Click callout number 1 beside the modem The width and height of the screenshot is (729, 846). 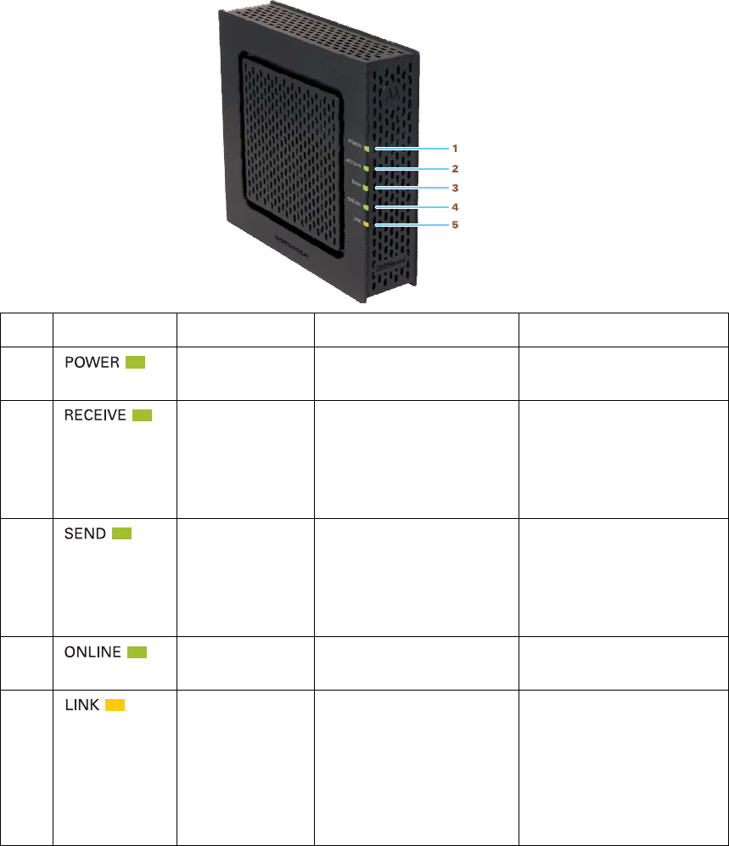coord(454,148)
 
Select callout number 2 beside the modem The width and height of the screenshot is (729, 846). coord(454,168)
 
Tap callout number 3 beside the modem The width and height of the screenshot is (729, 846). coord(454,187)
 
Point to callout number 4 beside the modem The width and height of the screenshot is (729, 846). coord(454,206)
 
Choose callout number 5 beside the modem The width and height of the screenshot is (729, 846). coord(454,225)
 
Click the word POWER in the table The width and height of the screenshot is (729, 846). coord(93,363)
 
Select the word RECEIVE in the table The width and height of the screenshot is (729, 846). coord(96,415)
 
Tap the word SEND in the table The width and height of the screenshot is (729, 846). coord(86,533)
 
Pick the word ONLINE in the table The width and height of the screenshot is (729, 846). coord(93,652)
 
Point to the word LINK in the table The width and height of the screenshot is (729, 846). coord(83,705)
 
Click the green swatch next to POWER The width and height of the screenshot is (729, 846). coord(135,363)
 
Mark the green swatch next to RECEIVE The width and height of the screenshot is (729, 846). coord(142,415)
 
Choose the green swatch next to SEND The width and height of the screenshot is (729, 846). coord(121,533)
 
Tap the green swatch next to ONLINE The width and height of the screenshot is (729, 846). coord(137,652)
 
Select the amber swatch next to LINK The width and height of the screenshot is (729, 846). coord(115,705)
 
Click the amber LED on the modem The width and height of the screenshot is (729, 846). coord(366,225)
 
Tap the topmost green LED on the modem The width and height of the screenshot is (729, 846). coord(366,148)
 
